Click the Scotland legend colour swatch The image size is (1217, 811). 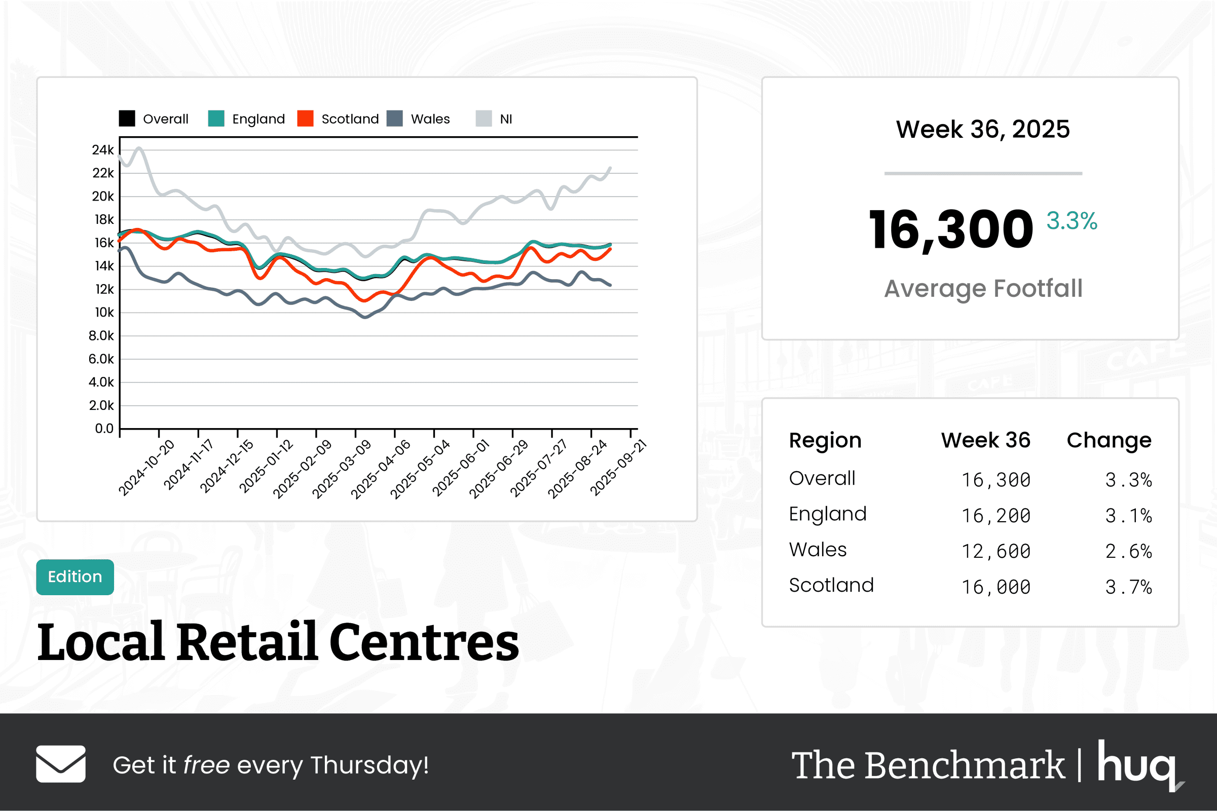coord(305,119)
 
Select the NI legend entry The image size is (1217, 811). coord(505,119)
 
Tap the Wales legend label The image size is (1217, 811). coord(430,119)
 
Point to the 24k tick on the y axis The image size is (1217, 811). coord(102,150)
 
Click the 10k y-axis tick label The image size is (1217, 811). coord(104,313)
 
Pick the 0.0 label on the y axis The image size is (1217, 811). coord(104,428)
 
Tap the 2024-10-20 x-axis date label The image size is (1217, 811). coord(146,468)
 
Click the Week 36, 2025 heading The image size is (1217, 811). coord(983,129)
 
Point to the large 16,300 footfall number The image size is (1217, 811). coord(950,230)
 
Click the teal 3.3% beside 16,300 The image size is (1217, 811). coord(1071,221)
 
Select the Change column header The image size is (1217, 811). coord(1109,440)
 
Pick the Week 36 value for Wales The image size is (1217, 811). coord(995,551)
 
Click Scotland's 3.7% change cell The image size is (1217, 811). coord(1128,587)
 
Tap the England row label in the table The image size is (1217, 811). coord(827,514)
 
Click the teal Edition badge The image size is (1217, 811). coord(75,576)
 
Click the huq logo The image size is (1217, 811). coord(1139,764)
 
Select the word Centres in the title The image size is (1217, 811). coord(424,642)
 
